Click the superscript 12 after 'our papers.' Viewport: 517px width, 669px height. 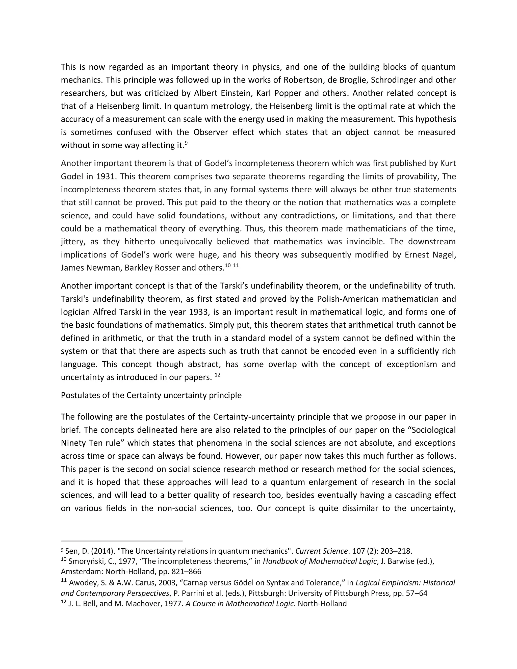point(217,374)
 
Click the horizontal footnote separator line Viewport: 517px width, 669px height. point(122,541)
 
